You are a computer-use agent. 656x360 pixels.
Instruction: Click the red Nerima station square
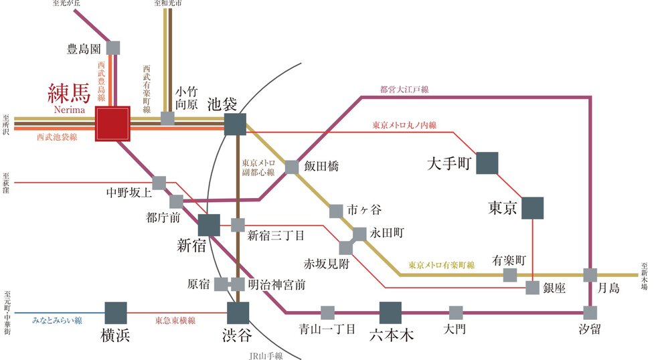tap(112, 124)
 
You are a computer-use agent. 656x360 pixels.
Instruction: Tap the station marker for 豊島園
tap(113, 48)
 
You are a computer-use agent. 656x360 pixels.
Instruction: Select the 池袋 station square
tap(235, 124)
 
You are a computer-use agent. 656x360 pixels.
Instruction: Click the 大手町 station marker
tap(487, 163)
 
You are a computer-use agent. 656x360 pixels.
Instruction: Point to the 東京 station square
tap(532, 208)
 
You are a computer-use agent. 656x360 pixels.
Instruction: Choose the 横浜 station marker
tap(116, 312)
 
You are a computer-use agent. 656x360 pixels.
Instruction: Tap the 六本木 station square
tap(390, 312)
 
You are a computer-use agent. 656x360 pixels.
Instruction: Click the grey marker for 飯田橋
tap(291, 167)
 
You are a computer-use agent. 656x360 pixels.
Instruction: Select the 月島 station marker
tap(590, 274)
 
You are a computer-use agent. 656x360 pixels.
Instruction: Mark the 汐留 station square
tap(590, 312)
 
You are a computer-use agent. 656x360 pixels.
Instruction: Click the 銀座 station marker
tap(532, 288)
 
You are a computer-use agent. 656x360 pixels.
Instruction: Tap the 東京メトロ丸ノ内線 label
tap(404, 125)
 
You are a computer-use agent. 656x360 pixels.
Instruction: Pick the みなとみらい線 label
tap(57, 321)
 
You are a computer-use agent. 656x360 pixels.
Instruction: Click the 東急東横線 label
tap(175, 321)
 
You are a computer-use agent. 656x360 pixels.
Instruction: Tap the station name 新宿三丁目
tap(276, 235)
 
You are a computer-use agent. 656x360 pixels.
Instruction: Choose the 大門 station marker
tap(455, 312)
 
